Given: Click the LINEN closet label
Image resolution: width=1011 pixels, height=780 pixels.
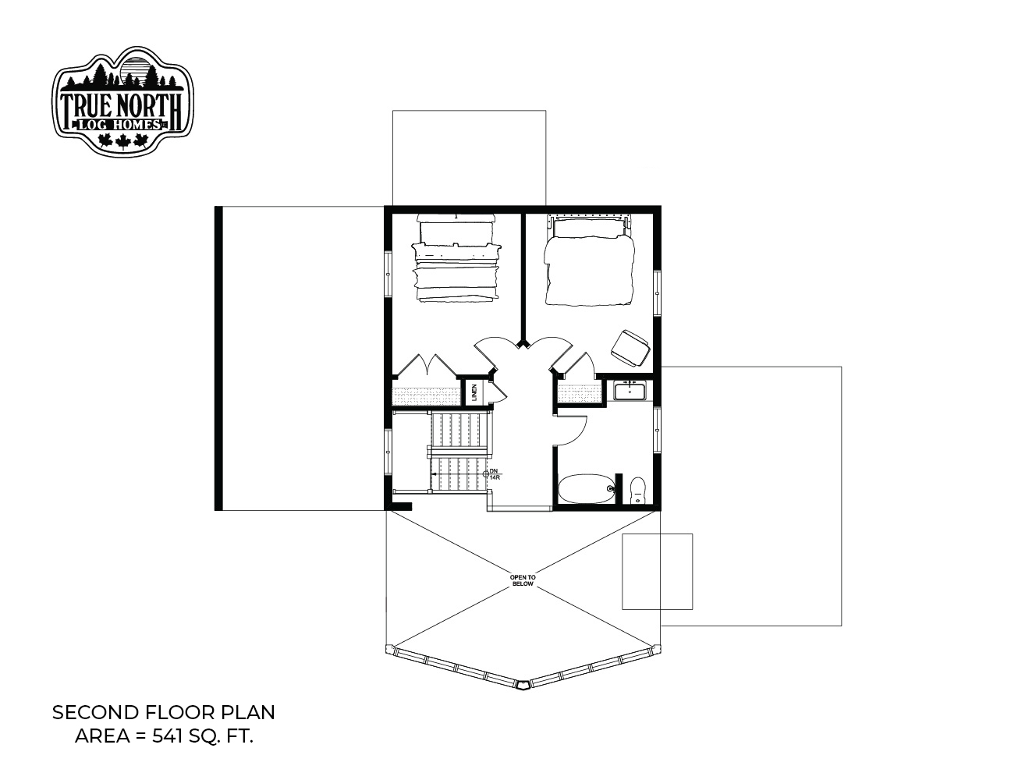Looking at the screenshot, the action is click(x=474, y=393).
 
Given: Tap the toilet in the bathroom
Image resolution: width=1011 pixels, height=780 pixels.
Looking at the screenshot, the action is click(x=638, y=491).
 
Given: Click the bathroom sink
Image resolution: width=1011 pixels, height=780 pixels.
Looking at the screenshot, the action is click(x=630, y=391).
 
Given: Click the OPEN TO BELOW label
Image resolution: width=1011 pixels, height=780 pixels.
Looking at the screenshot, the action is click(x=523, y=580).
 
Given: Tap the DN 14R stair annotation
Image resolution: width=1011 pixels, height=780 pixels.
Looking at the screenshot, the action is click(x=494, y=474).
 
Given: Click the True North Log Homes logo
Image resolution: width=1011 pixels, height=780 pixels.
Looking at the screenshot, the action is click(x=122, y=101).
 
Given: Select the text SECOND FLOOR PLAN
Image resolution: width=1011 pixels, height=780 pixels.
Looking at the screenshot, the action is click(x=163, y=713).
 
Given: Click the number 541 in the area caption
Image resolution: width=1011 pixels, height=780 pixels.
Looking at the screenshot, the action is click(x=167, y=737).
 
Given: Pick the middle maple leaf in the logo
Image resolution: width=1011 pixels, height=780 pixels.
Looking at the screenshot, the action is click(x=122, y=141).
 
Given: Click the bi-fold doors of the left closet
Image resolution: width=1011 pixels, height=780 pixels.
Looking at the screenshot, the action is click(x=426, y=365).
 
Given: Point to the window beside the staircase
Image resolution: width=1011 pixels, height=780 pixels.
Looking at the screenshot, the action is click(x=388, y=451).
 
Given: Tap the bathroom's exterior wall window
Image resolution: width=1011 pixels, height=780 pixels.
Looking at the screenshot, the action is click(x=657, y=431).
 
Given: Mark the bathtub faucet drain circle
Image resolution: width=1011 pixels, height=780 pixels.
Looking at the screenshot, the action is click(x=610, y=489).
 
